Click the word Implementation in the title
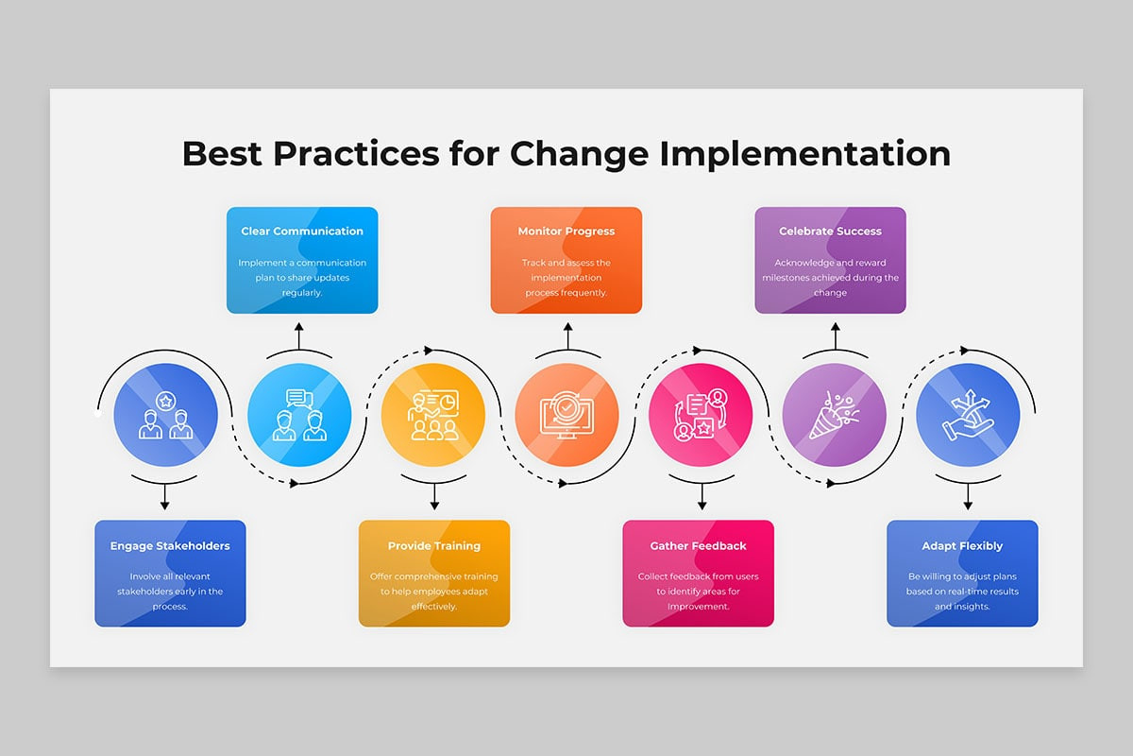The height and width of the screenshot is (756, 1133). point(805,154)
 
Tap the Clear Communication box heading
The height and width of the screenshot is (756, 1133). point(302,231)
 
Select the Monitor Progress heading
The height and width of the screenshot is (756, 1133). point(566,232)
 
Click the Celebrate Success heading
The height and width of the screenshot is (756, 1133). point(830,231)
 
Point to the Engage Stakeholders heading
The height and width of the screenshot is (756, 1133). point(170,546)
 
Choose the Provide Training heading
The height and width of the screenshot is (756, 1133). point(434,546)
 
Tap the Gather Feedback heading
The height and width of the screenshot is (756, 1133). point(698,546)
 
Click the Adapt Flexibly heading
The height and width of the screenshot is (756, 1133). point(962,546)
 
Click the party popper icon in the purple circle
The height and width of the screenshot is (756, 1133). point(834,415)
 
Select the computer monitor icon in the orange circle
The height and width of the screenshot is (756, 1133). point(566,415)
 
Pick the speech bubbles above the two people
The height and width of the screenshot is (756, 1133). point(299,399)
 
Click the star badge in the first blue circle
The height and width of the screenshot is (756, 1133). point(165,402)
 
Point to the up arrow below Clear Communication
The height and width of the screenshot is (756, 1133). point(299,335)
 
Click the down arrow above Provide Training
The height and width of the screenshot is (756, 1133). point(434,496)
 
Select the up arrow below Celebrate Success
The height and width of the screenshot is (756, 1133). point(835,335)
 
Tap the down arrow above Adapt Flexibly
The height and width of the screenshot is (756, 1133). point(968,496)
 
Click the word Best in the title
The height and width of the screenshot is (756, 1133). point(222,154)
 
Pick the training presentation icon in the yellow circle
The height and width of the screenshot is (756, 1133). point(433,415)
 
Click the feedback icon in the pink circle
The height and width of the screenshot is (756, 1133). point(701,415)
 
